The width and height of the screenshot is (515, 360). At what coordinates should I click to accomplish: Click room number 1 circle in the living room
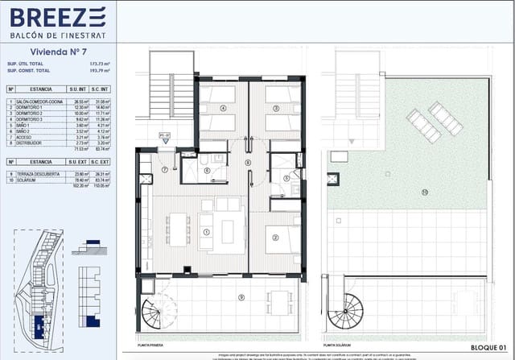coord(207,233)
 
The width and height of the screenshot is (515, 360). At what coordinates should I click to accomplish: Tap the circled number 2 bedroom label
coord(275,236)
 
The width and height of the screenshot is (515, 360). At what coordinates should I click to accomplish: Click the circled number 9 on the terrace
coord(241,298)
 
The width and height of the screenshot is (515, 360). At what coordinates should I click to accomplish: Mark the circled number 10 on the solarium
coord(423,192)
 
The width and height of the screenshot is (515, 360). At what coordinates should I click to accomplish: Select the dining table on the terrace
coord(279,304)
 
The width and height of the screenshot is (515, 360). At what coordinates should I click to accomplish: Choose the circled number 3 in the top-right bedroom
coord(276,107)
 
